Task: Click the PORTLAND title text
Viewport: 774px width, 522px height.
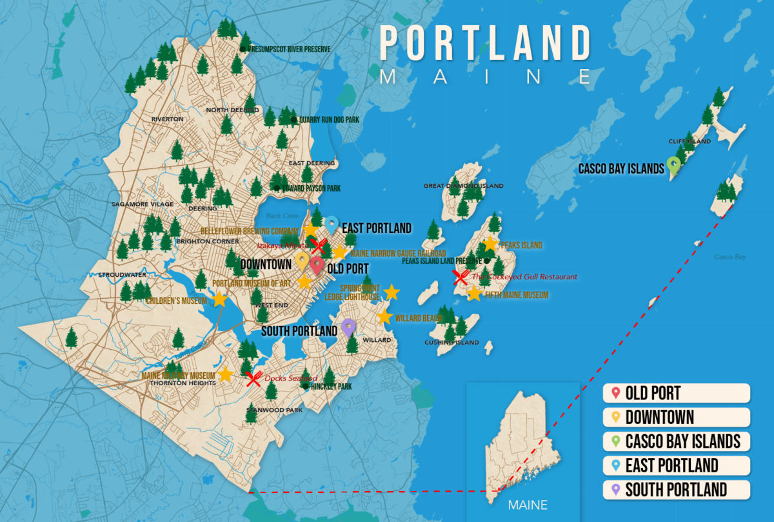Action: point(485,45)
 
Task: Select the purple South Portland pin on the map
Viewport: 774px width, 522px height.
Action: point(348,327)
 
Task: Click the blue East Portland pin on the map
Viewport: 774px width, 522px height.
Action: point(332,225)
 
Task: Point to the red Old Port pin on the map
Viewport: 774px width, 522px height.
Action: point(316,265)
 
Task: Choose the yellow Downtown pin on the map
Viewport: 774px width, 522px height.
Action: point(301,260)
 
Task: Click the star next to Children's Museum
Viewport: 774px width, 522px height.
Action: point(220,299)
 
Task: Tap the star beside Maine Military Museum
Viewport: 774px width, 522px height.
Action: point(225,374)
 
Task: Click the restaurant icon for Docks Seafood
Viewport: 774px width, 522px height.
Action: point(253,378)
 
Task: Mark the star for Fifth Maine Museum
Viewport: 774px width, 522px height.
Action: point(474,294)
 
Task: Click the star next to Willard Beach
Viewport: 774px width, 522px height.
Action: point(384,317)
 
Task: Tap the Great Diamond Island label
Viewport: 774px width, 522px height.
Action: point(462,186)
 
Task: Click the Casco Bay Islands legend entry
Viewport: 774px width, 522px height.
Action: point(677,441)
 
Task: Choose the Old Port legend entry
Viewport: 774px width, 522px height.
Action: point(677,393)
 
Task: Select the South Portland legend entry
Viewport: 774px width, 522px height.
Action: point(677,489)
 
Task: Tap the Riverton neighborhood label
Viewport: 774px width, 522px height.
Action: point(168,119)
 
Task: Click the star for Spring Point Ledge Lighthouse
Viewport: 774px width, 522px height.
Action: point(391,293)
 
